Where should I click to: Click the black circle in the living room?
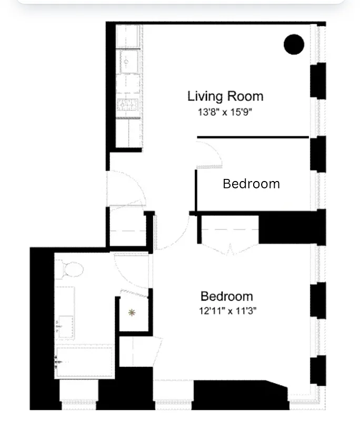coord(294,44)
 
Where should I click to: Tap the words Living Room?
coord(225,96)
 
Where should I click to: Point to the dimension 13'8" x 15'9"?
coord(222,112)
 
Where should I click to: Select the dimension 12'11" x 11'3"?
coord(227,310)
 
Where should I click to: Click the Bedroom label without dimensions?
coord(251,184)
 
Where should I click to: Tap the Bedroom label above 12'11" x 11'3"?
coord(227,296)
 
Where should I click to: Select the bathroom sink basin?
coord(66,324)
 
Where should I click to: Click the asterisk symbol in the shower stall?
coord(132,313)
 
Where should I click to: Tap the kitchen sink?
coord(129,62)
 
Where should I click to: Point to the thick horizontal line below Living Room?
coord(253,137)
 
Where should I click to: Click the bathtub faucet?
coord(59,362)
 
